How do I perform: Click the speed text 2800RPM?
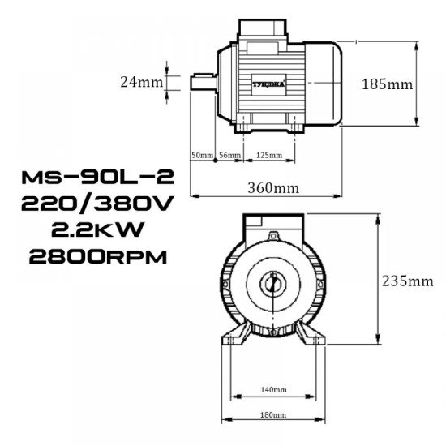point(97,257)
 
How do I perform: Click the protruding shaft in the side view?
point(202,82)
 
